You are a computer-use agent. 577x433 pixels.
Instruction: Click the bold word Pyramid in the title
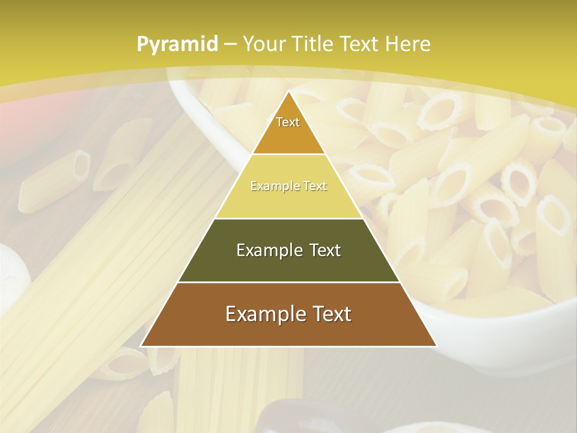coord(177,45)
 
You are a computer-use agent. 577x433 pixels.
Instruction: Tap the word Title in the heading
coord(316,44)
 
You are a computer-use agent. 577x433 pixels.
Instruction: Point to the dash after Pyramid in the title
coord(230,45)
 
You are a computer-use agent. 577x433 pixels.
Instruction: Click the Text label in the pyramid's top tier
coord(288,122)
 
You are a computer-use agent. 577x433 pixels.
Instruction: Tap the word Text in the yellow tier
coord(313,186)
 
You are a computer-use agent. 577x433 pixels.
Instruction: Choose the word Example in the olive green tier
coord(267,250)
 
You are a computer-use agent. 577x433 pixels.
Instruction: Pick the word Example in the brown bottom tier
coord(262,314)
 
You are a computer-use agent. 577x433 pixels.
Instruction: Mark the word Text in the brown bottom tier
coord(330,314)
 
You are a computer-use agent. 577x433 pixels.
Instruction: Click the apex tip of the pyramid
coord(288,91)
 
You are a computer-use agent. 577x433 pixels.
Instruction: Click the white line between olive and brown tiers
coord(288,282)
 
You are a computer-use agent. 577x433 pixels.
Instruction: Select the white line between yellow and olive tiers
coord(288,218)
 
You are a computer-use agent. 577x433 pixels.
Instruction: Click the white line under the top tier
coord(288,155)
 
